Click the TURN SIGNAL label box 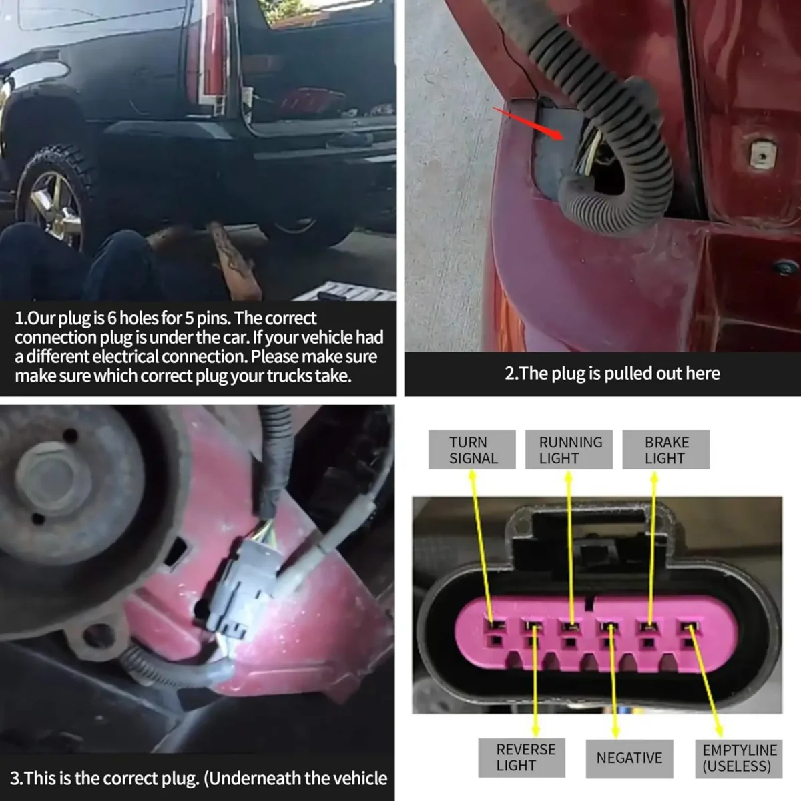click(x=472, y=449)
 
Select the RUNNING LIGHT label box click(x=569, y=449)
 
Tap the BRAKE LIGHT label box click(x=665, y=449)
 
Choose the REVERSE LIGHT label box click(x=522, y=758)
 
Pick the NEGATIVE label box click(x=629, y=758)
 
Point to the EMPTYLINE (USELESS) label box click(x=739, y=758)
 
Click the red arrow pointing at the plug click(x=528, y=123)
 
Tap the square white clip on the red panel click(x=762, y=155)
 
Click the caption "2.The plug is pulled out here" click(x=612, y=373)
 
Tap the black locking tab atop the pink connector click(x=589, y=536)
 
